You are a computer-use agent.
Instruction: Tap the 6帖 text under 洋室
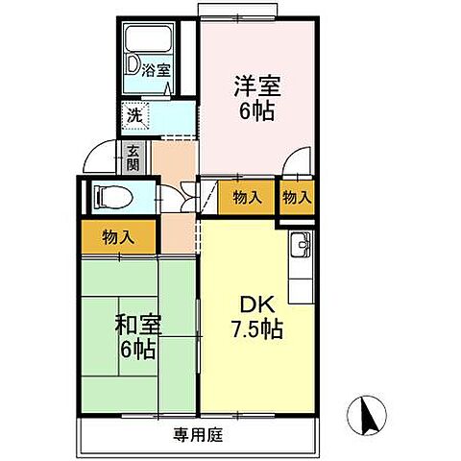pyautogui.click(x=255, y=111)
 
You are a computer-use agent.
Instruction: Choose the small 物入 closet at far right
pyautogui.click(x=297, y=198)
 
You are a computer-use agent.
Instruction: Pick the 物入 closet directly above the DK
pyautogui.click(x=247, y=198)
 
